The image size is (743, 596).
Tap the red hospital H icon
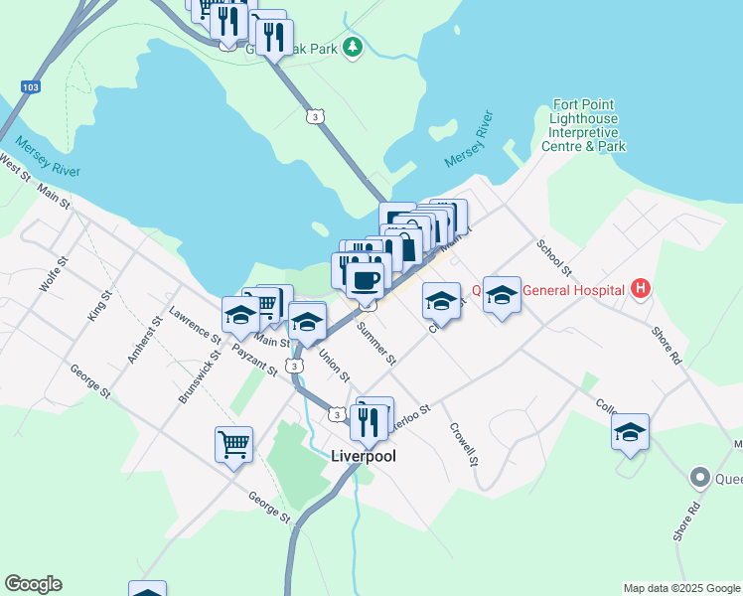[641, 289]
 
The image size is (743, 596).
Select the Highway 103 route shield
[30, 87]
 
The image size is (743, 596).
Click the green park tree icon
[352, 47]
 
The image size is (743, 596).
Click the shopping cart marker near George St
[234, 444]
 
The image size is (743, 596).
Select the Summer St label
[376, 342]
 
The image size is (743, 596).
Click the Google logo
[33, 584]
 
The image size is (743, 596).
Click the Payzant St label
[253, 362]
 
